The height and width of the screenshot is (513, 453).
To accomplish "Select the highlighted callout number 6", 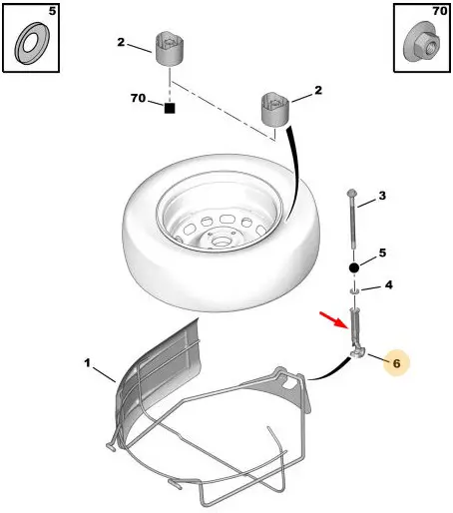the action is pyautogui.click(x=396, y=363).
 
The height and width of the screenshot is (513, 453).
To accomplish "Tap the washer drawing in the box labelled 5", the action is pyautogui.click(x=32, y=43).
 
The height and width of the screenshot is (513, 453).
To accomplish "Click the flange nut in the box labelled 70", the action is pyautogui.click(x=421, y=42).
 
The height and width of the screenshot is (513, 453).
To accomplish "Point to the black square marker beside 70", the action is pyautogui.click(x=170, y=109).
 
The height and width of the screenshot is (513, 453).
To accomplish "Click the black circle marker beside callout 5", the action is pyautogui.click(x=354, y=267).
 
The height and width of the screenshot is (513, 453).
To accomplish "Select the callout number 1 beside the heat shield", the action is pyautogui.click(x=87, y=362).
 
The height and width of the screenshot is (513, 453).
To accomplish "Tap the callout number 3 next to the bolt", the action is pyautogui.click(x=382, y=196).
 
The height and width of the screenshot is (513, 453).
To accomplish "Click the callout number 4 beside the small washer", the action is pyautogui.click(x=388, y=285).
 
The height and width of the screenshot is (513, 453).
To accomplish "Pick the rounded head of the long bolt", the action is pyautogui.click(x=351, y=193).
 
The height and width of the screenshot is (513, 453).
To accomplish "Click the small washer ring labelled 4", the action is pyautogui.click(x=354, y=291).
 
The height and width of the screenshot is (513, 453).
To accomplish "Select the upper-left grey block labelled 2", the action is pyautogui.click(x=171, y=49).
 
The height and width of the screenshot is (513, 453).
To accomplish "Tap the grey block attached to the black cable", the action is pyautogui.click(x=274, y=109).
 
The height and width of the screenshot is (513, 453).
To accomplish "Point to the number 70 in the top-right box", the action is pyautogui.click(x=440, y=11).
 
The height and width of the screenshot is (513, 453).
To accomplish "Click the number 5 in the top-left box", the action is pyautogui.click(x=52, y=11).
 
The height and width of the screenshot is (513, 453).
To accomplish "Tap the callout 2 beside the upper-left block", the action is pyautogui.click(x=121, y=42).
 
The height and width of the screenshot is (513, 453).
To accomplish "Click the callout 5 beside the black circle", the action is pyautogui.click(x=382, y=253).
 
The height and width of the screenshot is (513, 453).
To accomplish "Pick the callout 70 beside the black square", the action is pyautogui.click(x=138, y=98).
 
